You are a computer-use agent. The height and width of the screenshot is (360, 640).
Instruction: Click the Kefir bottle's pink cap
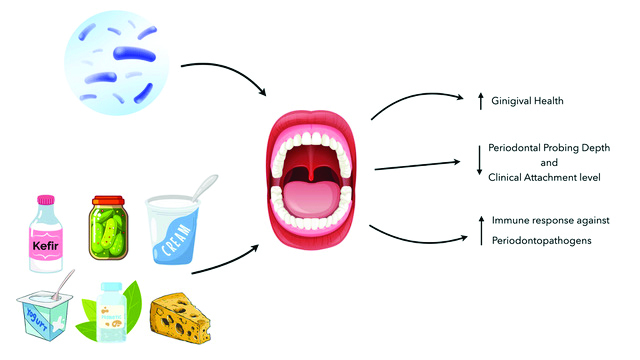46,200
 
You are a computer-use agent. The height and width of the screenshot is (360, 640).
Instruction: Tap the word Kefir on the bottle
45,246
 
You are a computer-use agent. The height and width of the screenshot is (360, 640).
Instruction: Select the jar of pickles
109,228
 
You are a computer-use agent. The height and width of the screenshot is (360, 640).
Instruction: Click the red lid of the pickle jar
109,200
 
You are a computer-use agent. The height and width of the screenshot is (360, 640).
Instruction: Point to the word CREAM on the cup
176,240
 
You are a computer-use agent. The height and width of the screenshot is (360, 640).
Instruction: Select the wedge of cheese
180,318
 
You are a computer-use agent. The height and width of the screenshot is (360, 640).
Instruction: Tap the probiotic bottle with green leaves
111,311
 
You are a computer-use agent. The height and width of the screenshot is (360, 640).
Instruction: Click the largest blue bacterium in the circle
134,54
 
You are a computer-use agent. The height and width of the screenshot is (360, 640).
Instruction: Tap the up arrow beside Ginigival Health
481,101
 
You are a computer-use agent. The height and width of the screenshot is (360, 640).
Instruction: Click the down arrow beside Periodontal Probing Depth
480,160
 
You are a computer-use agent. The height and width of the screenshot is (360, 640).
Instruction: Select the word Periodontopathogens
541,241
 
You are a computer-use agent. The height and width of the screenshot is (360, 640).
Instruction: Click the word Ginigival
511,101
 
